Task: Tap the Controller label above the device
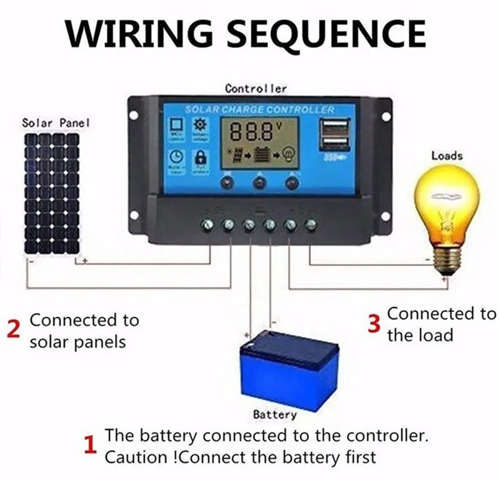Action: coord(256,89)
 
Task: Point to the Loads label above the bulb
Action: coord(447,156)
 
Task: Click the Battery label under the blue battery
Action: coord(275,414)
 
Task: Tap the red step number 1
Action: coord(90,445)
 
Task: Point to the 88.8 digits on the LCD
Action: coord(252,132)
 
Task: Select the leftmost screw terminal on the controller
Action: coord(207,225)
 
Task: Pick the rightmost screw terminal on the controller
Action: coord(311,225)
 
